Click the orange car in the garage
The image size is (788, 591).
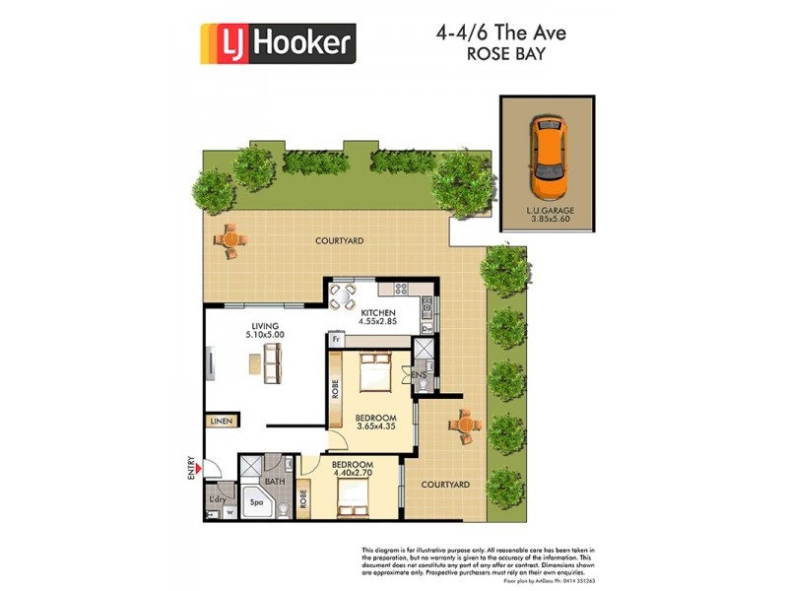coord(547,158)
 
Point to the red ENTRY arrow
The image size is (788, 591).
coord(200,470)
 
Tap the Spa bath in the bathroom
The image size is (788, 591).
coord(257,501)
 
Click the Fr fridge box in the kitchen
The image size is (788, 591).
coord(336,339)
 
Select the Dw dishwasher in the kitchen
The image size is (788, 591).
coord(427,328)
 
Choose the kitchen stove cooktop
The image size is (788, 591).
coord(400,290)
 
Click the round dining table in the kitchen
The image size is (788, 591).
coord(341,296)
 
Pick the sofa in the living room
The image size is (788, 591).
coord(272,365)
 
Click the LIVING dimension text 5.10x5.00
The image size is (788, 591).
coord(264,336)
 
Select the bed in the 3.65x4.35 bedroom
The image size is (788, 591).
coord(375,372)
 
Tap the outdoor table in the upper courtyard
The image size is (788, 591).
coord(231,238)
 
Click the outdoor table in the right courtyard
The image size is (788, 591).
coord(463,425)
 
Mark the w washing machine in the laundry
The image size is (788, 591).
coord(230,511)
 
